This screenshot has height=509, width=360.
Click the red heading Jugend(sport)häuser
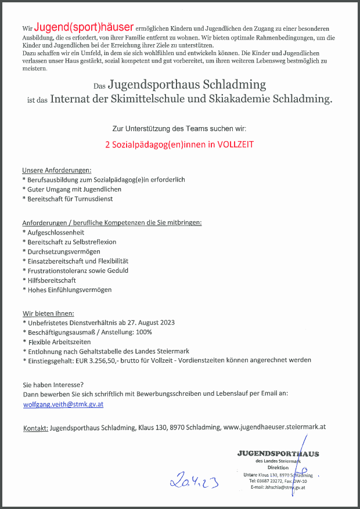[84, 27]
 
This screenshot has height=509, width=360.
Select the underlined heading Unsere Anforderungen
[56, 170]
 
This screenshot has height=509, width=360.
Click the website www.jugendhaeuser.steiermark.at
[275, 427]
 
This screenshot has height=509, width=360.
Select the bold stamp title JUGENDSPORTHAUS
[278, 453]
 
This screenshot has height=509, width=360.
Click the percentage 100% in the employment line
[143, 332]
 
